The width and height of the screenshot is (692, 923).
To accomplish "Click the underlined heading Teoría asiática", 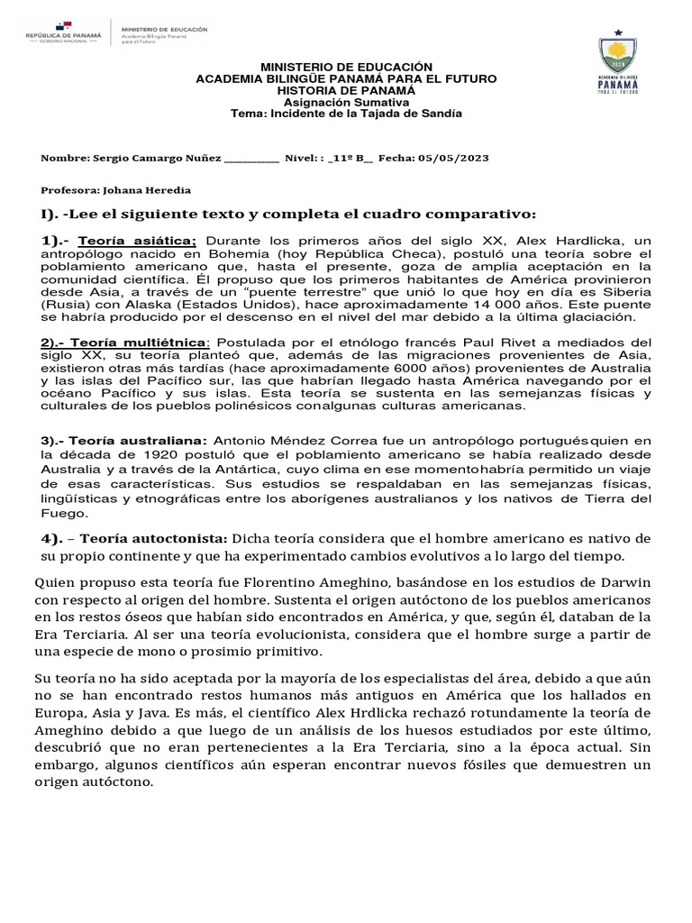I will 137,242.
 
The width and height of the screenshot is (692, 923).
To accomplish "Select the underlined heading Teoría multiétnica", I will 138,343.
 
